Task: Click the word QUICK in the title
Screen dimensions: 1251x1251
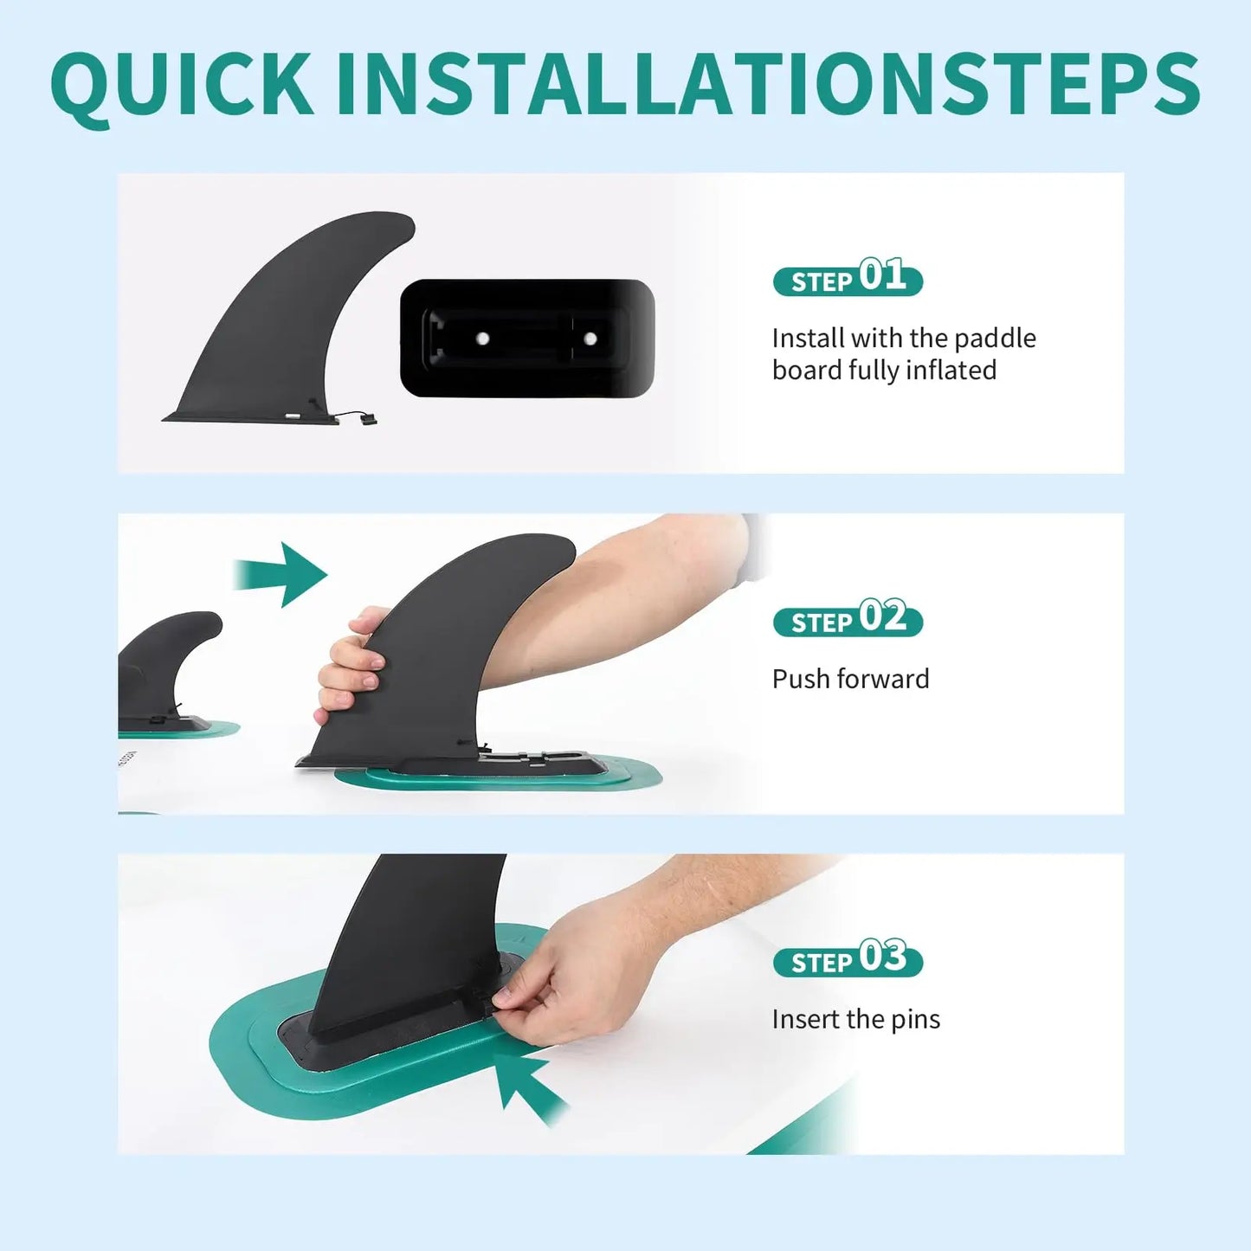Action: coord(183,85)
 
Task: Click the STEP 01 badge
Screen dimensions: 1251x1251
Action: coord(848,277)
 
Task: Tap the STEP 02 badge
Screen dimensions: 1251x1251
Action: coord(848,618)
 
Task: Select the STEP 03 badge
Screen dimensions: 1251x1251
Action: coord(848,958)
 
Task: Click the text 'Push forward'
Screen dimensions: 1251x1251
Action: coord(850,679)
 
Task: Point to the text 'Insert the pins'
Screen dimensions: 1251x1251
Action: coord(855,1020)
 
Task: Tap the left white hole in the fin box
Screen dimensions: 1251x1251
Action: coord(482,339)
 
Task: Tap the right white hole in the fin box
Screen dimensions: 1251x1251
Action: coord(590,339)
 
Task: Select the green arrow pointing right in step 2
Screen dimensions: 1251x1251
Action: coord(280,575)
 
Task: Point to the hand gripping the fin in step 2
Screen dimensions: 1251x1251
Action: coord(351,666)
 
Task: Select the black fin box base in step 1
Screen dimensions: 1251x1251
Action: coord(526,338)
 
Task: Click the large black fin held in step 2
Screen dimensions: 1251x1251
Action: coord(442,655)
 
